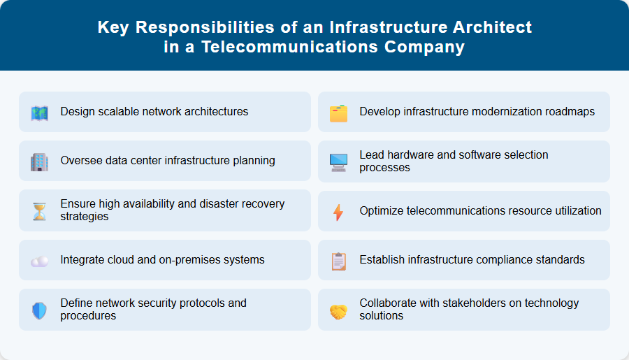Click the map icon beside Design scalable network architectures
coord(40,113)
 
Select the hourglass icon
coord(40,211)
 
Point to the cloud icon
coord(40,261)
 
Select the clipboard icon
coord(339,261)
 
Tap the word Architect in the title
coord(489,27)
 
